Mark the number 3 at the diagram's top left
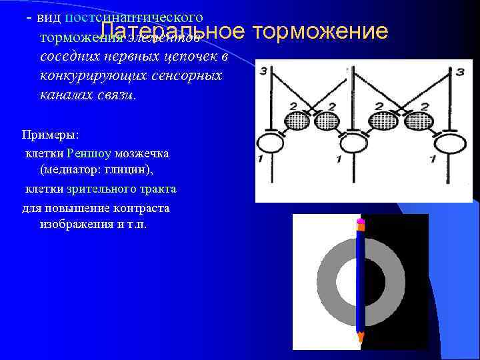click(x=264, y=69)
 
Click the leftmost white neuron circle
click(x=271, y=143)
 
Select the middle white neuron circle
click(x=353, y=143)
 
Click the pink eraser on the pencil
click(x=361, y=221)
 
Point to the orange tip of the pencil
click(x=361, y=337)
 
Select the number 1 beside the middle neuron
click(x=339, y=159)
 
